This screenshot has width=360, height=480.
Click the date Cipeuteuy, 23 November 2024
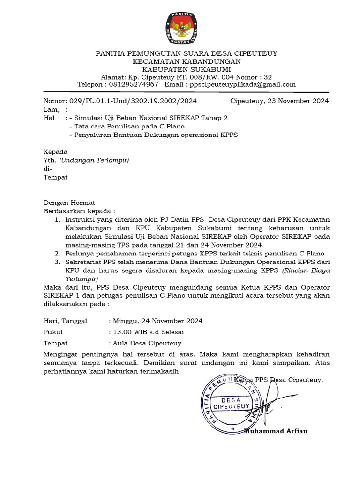point(279,101)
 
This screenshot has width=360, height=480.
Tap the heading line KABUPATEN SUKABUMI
point(187,69)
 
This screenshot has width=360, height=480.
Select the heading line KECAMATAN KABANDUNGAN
point(187,61)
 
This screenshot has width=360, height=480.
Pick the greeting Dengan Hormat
point(69,202)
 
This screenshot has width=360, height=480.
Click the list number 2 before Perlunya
point(57,254)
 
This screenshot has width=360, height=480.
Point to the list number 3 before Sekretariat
point(57,262)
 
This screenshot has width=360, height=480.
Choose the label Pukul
point(53,332)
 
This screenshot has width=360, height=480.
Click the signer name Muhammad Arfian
point(276,431)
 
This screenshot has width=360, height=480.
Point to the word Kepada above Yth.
point(56,152)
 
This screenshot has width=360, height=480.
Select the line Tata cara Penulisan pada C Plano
point(127,126)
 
